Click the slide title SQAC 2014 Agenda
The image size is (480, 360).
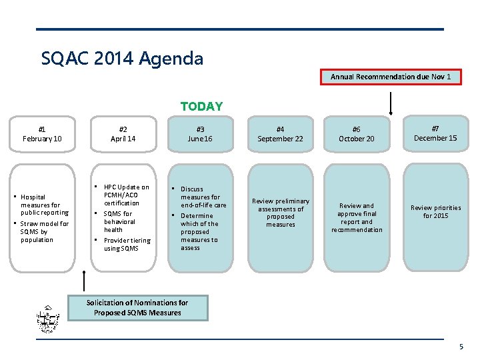[122, 59]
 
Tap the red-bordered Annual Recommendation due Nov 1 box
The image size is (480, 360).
[391, 77]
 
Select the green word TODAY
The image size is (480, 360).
[201, 107]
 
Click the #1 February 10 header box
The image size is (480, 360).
[42, 134]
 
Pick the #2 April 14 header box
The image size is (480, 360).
[123, 134]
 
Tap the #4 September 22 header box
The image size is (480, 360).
[280, 134]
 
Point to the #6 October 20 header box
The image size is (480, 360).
[357, 134]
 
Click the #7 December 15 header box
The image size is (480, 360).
[435, 133]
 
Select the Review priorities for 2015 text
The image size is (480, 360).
[435, 212]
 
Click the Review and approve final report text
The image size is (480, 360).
[357, 218]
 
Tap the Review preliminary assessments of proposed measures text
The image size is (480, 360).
[280, 213]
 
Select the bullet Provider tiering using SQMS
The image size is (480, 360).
[127, 244]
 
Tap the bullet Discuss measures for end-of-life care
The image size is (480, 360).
[203, 197]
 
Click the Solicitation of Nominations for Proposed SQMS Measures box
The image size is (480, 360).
[137, 307]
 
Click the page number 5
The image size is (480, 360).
[461, 347]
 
